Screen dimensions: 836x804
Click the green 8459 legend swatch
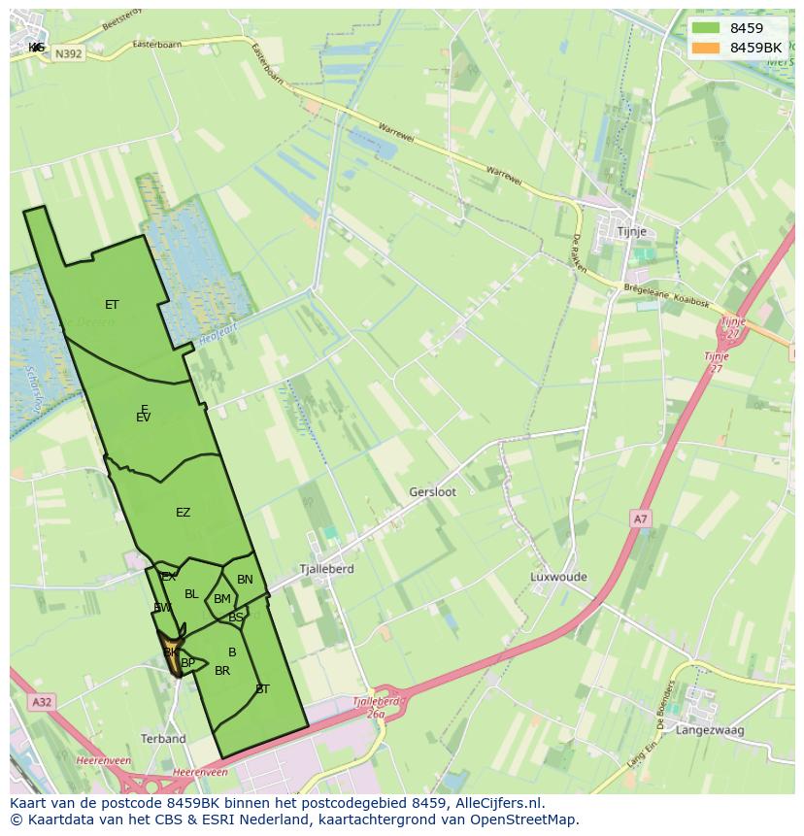click(705, 28)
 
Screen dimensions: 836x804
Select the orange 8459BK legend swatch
click(705, 48)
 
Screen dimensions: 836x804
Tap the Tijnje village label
click(632, 232)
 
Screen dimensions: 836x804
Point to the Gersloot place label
click(432, 492)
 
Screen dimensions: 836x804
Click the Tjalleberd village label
click(326, 569)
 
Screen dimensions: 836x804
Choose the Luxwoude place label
click(558, 577)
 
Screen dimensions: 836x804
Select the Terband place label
click(163, 739)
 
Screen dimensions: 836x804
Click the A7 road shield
click(640, 519)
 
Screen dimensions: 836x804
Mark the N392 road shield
click(68, 54)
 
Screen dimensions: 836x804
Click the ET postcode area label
click(112, 305)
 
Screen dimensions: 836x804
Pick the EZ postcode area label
click(183, 513)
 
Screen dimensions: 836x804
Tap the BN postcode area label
click(245, 580)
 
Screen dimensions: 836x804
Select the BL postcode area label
click(191, 594)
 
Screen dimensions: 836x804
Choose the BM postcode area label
click(222, 599)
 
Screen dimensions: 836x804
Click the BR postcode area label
click(222, 671)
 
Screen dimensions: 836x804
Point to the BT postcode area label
click(262, 689)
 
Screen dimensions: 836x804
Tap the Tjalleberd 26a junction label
click(376, 707)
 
